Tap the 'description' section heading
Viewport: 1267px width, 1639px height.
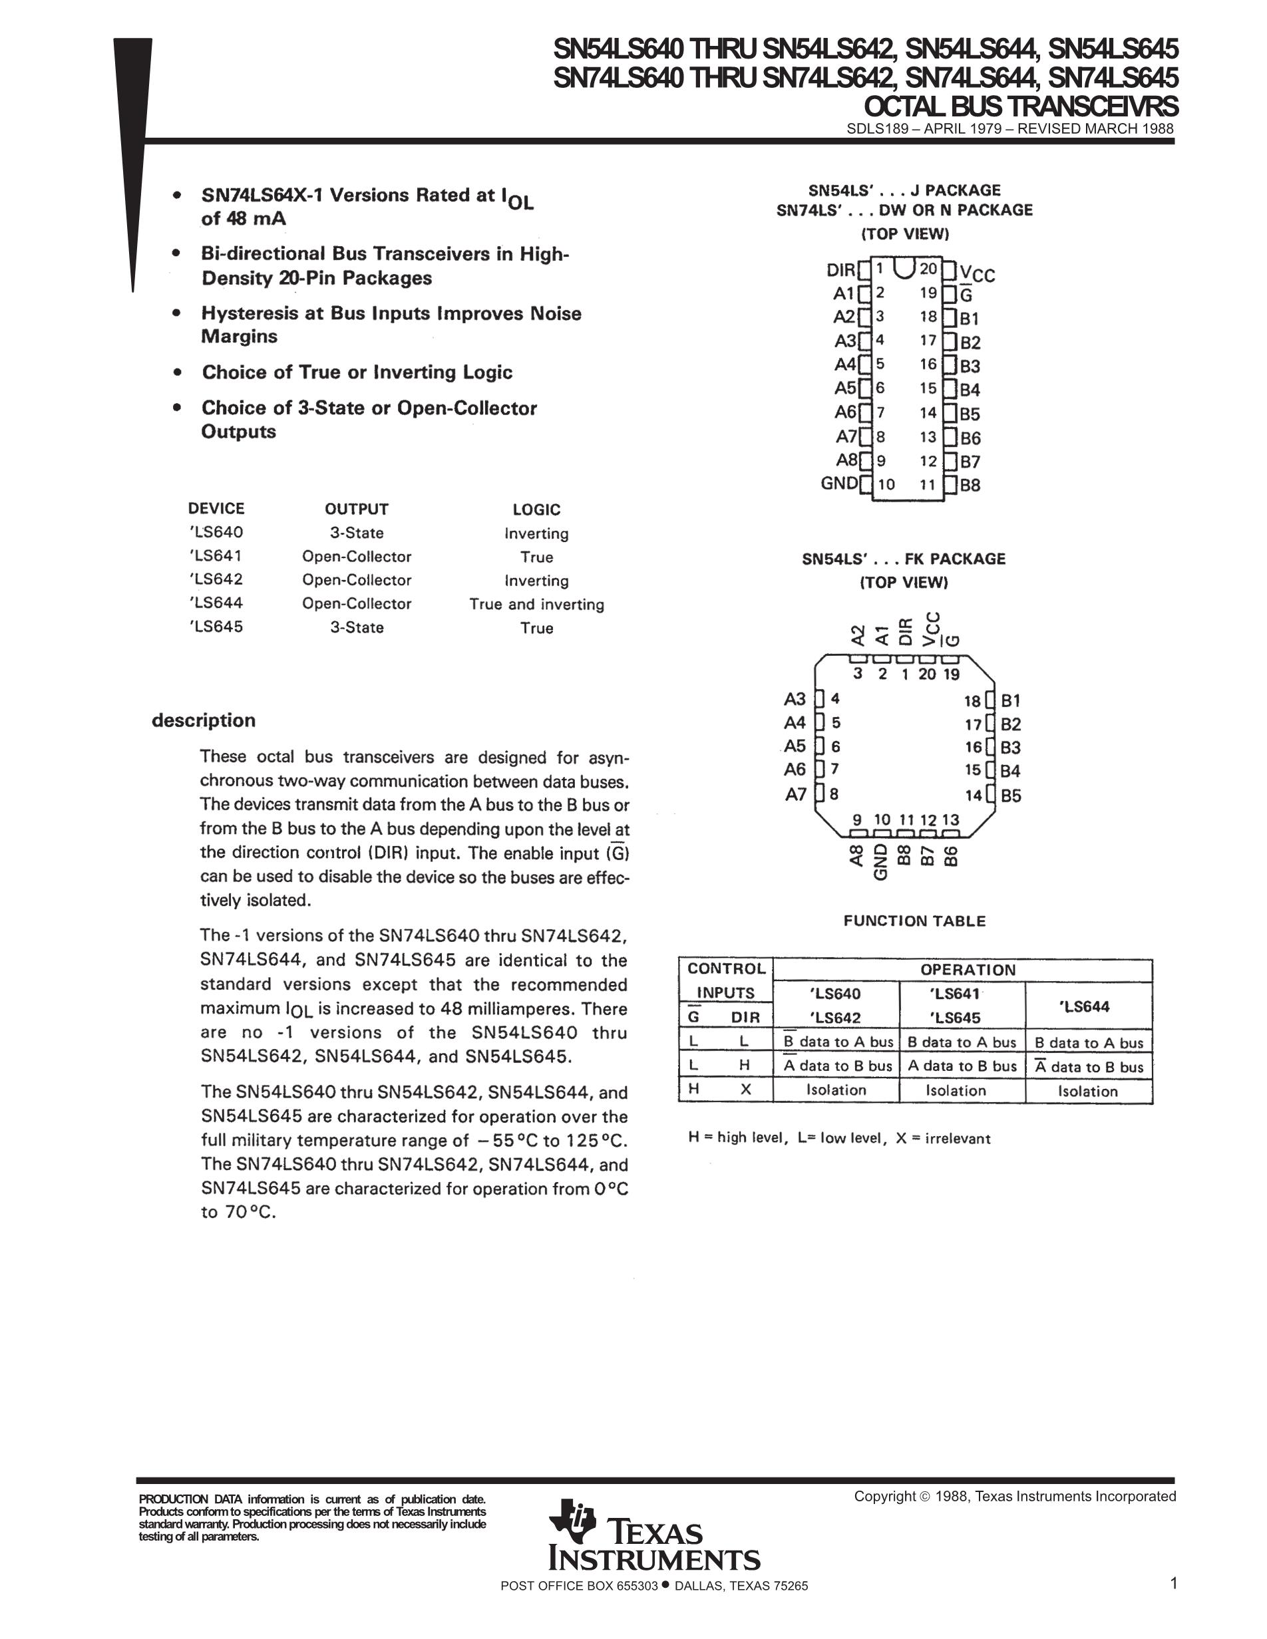(x=204, y=720)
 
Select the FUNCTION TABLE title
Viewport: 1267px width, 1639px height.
(x=914, y=921)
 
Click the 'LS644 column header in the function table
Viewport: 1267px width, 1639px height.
(x=1086, y=1006)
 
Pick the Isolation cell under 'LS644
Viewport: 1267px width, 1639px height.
(x=1087, y=1091)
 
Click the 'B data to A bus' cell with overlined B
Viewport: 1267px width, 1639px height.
(x=838, y=1042)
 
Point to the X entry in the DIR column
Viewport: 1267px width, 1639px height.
(x=745, y=1090)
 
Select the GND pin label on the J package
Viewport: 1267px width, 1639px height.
(x=838, y=484)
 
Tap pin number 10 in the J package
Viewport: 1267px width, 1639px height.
(x=886, y=484)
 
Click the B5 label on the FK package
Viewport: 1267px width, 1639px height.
(x=1011, y=796)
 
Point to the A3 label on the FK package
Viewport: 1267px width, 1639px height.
(x=795, y=699)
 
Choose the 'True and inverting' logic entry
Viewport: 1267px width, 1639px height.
(x=536, y=604)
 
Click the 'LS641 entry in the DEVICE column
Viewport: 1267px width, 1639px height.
(x=216, y=556)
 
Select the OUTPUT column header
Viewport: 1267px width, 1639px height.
(x=357, y=509)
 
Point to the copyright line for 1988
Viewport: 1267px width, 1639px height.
(x=1015, y=1497)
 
